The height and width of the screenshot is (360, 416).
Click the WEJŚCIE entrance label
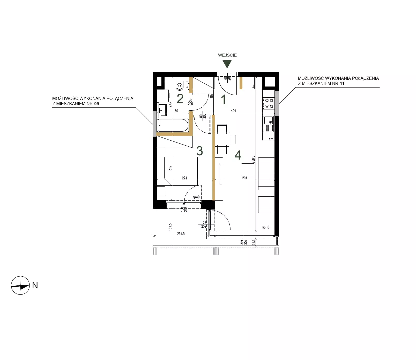pyautogui.click(x=227, y=55)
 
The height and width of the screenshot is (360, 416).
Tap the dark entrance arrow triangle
pyautogui.click(x=227, y=64)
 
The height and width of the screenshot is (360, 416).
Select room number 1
pyautogui.click(x=224, y=100)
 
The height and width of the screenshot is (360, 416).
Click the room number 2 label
pyautogui.click(x=180, y=99)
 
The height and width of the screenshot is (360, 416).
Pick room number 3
pyautogui.click(x=199, y=151)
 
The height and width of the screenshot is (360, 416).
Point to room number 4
pyautogui.click(x=238, y=155)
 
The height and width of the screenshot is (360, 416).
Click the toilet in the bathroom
pyautogui.click(x=179, y=85)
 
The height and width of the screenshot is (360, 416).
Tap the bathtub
pyautogui.click(x=173, y=125)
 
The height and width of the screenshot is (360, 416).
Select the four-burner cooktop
pyautogui.click(x=268, y=103)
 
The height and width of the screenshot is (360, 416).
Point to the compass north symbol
pyautogui.click(x=20, y=285)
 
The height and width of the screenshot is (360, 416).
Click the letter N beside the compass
pyautogui.click(x=35, y=285)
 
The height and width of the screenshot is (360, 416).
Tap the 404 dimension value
pyautogui.click(x=233, y=111)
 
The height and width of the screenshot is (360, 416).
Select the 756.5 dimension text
pyautogui.click(x=253, y=159)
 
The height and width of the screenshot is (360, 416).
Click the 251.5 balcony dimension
pyautogui.click(x=181, y=234)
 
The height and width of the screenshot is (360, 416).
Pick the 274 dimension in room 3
pyautogui.click(x=184, y=178)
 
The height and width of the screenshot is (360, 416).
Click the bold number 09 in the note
pyautogui.click(x=96, y=104)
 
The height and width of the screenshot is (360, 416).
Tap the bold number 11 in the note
pyautogui.click(x=342, y=83)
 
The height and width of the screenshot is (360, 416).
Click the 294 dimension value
pyautogui.click(x=244, y=178)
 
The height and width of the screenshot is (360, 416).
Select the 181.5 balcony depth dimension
pyautogui.click(x=170, y=227)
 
